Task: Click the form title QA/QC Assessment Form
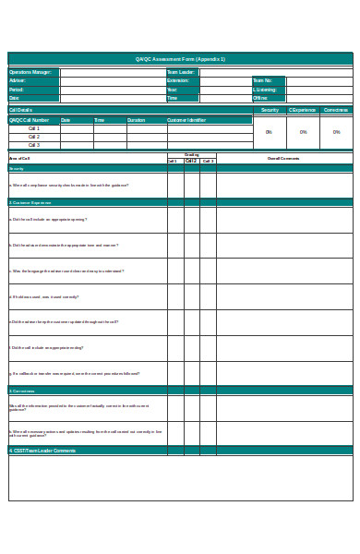180,59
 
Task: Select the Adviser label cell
18,80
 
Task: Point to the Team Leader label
181,71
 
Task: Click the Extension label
178,80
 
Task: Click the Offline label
260,98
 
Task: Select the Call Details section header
21,110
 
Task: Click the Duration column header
136,120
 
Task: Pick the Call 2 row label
34,137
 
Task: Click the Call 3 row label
34,145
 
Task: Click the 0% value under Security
269,132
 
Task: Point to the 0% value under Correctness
336,132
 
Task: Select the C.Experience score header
302,110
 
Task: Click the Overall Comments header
283,159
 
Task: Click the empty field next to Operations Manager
112,71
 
